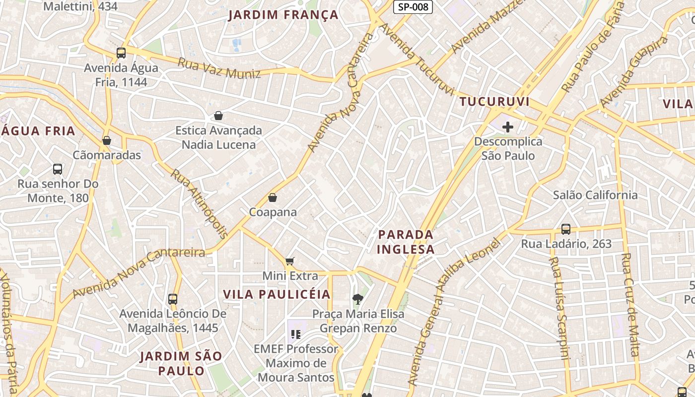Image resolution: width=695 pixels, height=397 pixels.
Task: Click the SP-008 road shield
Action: coord(413,7)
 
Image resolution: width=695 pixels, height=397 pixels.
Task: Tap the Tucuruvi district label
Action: coord(494,102)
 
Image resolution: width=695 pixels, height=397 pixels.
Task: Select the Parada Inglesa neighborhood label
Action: coord(406,241)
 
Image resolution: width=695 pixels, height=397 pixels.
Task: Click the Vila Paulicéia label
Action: coord(277,294)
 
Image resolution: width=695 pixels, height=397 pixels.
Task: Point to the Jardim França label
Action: coord(283,15)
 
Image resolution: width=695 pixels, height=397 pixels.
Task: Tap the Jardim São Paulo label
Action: coord(181,363)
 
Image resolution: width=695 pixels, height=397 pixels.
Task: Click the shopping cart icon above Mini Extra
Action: coord(290,261)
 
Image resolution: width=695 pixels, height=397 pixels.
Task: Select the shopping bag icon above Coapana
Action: coord(273,198)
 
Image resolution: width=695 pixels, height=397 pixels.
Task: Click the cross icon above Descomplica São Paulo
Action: coord(507,128)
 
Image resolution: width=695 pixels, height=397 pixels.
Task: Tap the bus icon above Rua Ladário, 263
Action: coord(566,229)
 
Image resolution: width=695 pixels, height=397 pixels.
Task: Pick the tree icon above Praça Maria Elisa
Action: coord(357,299)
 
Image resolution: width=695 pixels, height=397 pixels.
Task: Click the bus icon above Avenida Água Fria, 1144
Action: coord(121,53)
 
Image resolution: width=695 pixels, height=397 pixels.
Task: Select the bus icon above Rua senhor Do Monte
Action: coord(58,169)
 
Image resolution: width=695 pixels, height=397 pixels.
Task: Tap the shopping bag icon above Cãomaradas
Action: coord(107,141)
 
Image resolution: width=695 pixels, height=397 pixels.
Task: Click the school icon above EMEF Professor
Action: coord(296,334)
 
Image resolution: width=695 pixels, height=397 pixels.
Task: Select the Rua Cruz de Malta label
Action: coord(630,305)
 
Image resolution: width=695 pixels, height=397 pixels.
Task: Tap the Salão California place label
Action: coord(595,195)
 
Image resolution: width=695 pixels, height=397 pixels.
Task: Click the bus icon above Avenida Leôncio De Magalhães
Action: coord(173,299)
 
